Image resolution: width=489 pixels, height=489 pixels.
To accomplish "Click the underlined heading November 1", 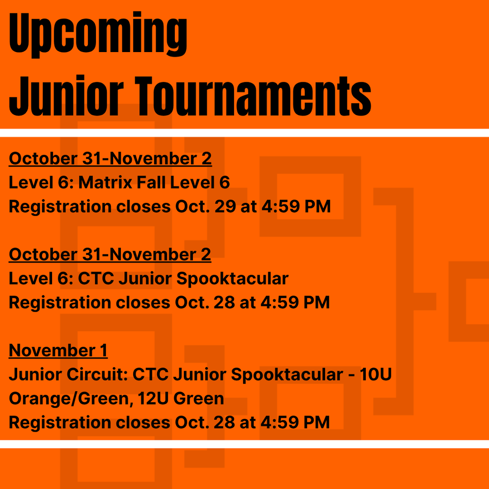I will point(58,351).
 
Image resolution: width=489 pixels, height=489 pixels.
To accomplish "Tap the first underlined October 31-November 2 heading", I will point(110,159).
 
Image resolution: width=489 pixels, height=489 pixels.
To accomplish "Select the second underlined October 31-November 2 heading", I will point(110,254).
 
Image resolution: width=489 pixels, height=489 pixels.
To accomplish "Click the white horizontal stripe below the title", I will point(244,133).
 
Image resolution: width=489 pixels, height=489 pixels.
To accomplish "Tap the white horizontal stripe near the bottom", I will point(244,444).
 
